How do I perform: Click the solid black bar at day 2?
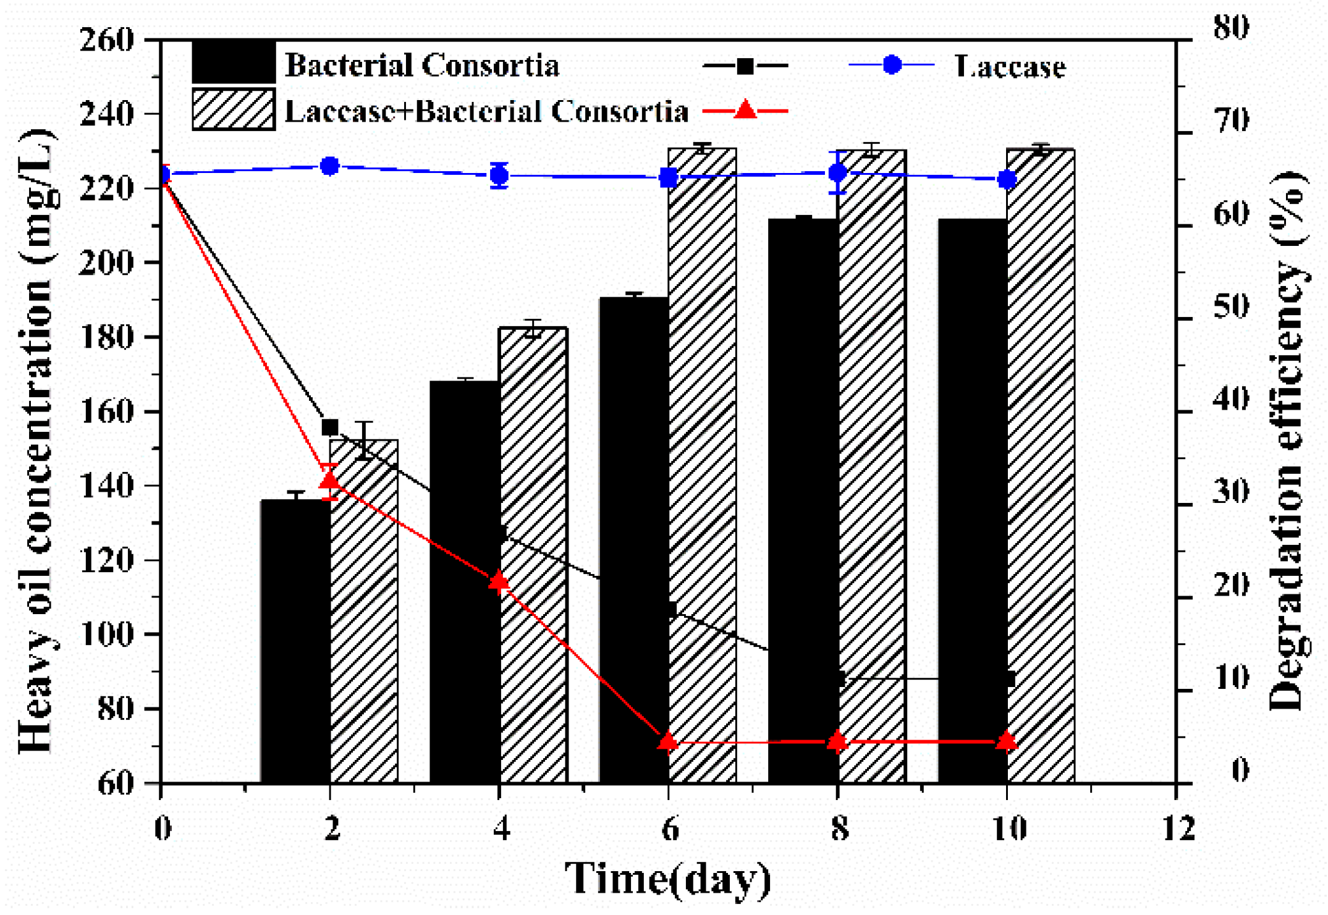(x=295, y=643)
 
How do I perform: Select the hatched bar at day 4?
(x=533, y=556)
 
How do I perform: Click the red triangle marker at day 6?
(x=668, y=741)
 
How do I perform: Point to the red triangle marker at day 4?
(x=499, y=581)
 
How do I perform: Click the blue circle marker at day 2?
(x=330, y=166)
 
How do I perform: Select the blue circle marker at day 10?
(x=1007, y=180)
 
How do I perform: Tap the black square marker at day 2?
(x=330, y=427)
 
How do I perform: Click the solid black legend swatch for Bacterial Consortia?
(x=234, y=62)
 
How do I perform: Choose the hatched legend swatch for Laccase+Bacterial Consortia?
(x=234, y=110)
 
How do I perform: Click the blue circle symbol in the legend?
(x=892, y=64)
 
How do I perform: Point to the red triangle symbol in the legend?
(x=746, y=110)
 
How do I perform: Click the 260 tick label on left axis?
(x=106, y=41)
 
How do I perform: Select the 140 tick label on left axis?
(x=106, y=486)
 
